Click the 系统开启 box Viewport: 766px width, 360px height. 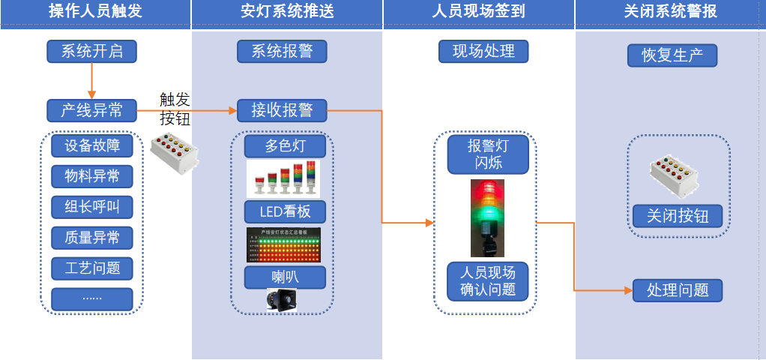click(91, 52)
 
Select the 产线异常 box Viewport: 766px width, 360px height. click(91, 112)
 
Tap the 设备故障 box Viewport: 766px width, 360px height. click(92, 145)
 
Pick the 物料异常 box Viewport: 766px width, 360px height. click(92, 176)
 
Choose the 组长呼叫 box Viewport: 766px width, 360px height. click(92, 207)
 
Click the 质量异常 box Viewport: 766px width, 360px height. click(92, 238)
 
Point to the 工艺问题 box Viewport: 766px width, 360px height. click(92, 268)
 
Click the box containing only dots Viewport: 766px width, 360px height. click(92, 298)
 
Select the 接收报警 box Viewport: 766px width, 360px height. click(282, 111)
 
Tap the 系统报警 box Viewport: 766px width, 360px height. click(282, 51)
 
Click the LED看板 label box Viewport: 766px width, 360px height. click(285, 211)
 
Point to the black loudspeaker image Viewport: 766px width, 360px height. click(280, 300)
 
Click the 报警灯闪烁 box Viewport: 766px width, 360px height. click(488, 154)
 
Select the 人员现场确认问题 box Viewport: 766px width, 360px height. click(488, 280)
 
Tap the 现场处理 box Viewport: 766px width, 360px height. click(483, 51)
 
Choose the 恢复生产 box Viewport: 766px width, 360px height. click(672, 55)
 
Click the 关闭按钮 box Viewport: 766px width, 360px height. click(678, 217)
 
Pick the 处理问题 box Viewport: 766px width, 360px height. click(678, 289)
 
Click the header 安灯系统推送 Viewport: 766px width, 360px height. click(287, 11)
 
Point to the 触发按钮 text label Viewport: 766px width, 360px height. click(175, 109)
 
